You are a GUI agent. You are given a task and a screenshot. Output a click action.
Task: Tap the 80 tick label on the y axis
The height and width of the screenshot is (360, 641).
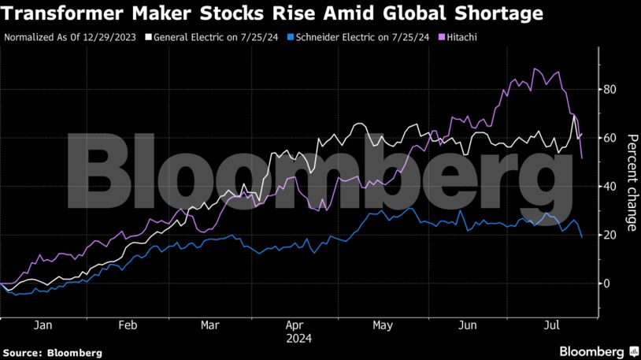click(x=609, y=89)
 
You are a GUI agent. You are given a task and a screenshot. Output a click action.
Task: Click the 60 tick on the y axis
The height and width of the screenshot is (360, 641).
click(x=609, y=138)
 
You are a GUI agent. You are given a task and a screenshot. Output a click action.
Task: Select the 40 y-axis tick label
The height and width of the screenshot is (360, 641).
click(x=609, y=187)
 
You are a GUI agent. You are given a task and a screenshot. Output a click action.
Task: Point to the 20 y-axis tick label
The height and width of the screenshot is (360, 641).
click(x=609, y=235)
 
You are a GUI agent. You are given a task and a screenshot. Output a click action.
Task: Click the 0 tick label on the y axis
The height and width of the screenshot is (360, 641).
click(x=606, y=284)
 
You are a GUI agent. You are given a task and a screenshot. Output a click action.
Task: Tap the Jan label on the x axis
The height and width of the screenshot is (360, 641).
click(x=43, y=325)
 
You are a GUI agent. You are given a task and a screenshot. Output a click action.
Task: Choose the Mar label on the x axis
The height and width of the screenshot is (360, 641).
click(x=210, y=325)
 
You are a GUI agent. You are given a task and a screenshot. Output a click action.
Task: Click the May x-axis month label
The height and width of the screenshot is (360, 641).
click(x=383, y=325)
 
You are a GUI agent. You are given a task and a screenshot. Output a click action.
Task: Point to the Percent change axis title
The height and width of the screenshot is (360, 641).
click(x=632, y=183)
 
